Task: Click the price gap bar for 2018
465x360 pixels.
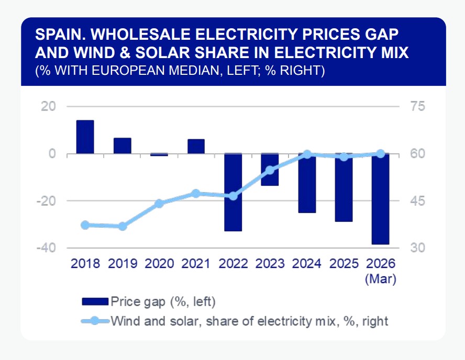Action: click(85, 137)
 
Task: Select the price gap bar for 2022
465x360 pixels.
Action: click(233, 192)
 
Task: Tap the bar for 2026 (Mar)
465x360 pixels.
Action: click(381, 199)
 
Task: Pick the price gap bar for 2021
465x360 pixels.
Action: click(196, 147)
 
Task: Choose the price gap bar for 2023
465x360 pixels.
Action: click(270, 170)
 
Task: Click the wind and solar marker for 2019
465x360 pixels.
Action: click(122, 226)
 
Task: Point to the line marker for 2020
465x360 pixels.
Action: click(159, 204)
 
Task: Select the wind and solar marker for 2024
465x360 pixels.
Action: click(307, 154)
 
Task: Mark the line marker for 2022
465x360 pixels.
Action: click(233, 196)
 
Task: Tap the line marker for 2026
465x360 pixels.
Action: click(381, 153)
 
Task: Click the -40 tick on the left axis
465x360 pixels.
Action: click(47, 248)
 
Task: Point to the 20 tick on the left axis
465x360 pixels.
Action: click(49, 106)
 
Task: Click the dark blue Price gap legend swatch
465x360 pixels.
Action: click(95, 301)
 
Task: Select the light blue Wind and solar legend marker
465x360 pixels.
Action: click(94, 320)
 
